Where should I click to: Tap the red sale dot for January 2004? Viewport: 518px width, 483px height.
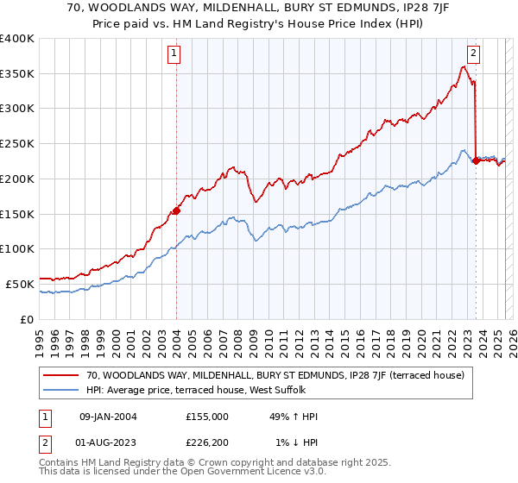coord(176,210)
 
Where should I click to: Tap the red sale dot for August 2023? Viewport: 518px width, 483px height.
coord(476,160)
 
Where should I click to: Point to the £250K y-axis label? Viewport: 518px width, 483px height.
coord(17,143)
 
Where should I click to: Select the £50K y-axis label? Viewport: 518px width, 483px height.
coord(20,283)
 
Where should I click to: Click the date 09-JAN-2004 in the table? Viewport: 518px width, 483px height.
coord(108,417)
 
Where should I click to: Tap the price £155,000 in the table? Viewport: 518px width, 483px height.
coord(207,417)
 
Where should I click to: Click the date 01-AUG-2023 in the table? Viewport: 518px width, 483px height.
coord(108,443)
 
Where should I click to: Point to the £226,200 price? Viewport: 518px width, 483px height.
coord(207,443)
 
